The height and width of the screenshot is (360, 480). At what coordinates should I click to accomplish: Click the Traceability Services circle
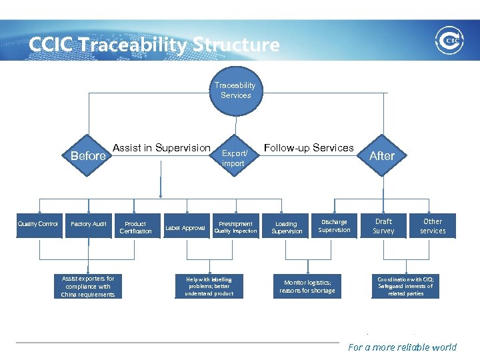click(235, 91)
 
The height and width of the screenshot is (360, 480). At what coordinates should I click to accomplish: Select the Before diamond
click(88, 156)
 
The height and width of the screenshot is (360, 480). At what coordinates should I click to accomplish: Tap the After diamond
click(382, 155)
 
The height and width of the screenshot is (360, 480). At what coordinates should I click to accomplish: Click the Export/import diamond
click(234, 158)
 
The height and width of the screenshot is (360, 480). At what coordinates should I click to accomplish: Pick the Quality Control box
click(38, 225)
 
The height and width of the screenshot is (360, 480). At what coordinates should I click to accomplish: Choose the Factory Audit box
click(89, 225)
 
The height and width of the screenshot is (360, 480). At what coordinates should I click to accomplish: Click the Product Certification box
click(135, 227)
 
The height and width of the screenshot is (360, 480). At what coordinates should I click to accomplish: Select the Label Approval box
click(185, 228)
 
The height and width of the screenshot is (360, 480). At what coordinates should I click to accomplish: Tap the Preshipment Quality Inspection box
click(235, 227)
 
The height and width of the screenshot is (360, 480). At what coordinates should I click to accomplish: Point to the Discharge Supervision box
click(334, 226)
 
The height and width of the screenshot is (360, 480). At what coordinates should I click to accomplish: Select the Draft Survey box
click(383, 226)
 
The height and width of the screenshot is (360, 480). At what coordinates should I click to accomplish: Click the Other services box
click(433, 226)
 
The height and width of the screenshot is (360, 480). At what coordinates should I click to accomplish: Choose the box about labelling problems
click(209, 286)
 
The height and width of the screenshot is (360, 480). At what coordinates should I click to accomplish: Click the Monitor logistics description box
click(307, 286)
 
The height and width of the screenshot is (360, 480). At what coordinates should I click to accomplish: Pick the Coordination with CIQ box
click(405, 286)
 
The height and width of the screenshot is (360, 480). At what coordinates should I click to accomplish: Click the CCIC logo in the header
click(448, 40)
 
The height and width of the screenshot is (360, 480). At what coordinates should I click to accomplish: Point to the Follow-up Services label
click(309, 148)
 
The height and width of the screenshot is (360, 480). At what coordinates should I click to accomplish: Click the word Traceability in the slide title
click(133, 45)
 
